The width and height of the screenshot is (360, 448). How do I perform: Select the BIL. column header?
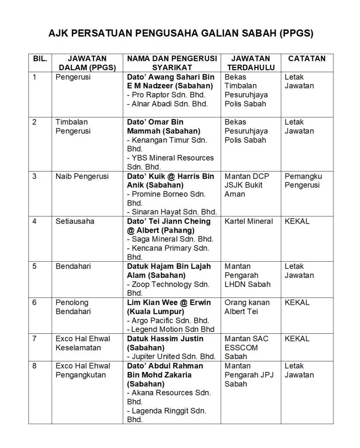pos(40,58)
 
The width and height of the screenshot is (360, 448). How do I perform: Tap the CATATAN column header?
pos(307,58)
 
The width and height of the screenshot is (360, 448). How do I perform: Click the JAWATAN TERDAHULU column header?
pos(251,63)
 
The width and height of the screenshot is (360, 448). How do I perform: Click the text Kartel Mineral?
pos(248,221)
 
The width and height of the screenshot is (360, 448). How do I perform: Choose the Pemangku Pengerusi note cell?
pos(303,181)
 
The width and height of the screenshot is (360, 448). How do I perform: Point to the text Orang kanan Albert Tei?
pos(248,307)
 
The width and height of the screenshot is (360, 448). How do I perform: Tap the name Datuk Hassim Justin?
pos(165,339)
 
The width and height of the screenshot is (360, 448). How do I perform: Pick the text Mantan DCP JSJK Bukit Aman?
pos(247,185)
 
